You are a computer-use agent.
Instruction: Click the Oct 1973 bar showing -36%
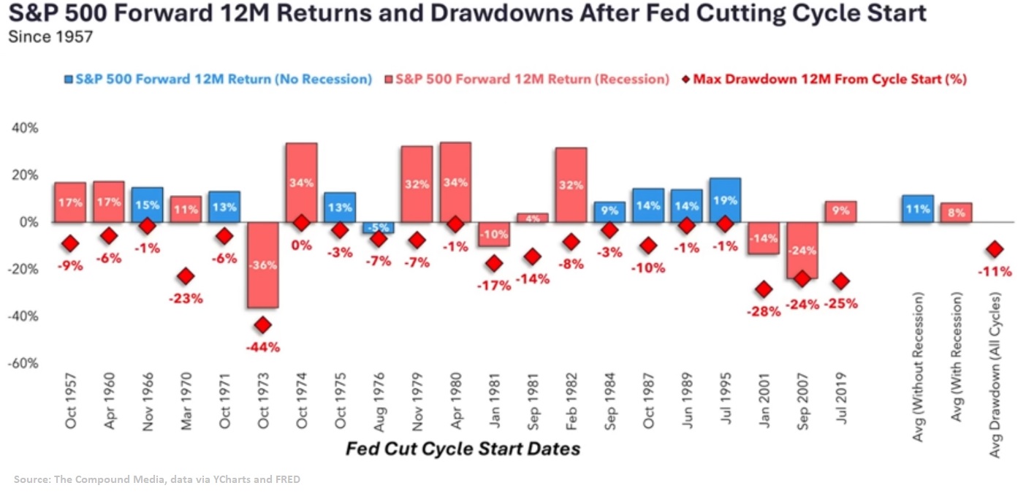[x=262, y=264]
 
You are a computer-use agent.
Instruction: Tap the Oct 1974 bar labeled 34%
[x=301, y=182]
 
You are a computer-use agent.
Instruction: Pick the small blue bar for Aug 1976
[x=378, y=227]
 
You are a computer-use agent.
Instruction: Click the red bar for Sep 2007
[x=802, y=250]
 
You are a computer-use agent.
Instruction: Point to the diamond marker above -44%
[x=262, y=324]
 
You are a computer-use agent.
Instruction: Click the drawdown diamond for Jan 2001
[x=764, y=289]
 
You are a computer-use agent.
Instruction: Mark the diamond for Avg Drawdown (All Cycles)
[x=994, y=249]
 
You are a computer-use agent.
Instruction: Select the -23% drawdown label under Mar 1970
[x=186, y=298]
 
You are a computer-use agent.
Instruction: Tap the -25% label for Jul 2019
[x=840, y=303]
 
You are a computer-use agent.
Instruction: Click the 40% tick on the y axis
[x=24, y=129]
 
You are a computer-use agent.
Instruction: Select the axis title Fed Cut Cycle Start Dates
[x=463, y=448]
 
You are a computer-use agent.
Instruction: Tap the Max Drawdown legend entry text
[x=829, y=79]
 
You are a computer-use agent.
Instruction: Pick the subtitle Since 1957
[x=50, y=37]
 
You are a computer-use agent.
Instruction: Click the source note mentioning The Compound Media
[x=157, y=479]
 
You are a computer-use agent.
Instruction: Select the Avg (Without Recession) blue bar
[x=918, y=208]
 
